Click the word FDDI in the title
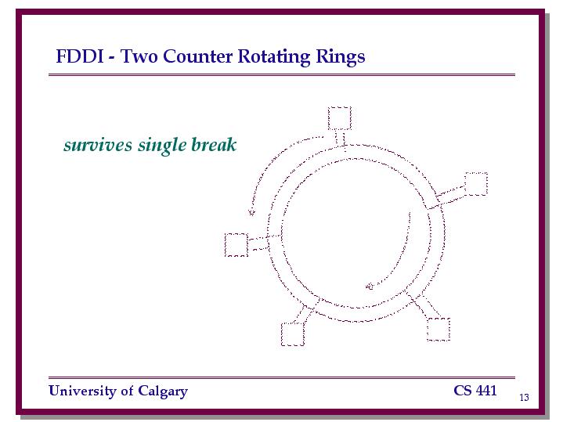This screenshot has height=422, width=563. tap(79, 56)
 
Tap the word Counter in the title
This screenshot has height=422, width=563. tap(198, 56)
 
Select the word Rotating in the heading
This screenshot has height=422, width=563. tap(274, 57)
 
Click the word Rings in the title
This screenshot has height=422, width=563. tap(341, 57)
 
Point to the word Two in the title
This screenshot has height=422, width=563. tap(139, 56)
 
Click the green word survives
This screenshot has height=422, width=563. tap(98, 145)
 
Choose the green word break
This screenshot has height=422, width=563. tap(214, 144)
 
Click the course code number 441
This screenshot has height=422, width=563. tap(486, 391)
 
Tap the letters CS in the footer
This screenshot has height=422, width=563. tap(463, 391)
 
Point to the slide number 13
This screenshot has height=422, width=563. tap(524, 397)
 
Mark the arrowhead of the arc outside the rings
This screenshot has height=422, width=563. tap(251, 212)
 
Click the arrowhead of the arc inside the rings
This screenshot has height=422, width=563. tap(370, 287)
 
